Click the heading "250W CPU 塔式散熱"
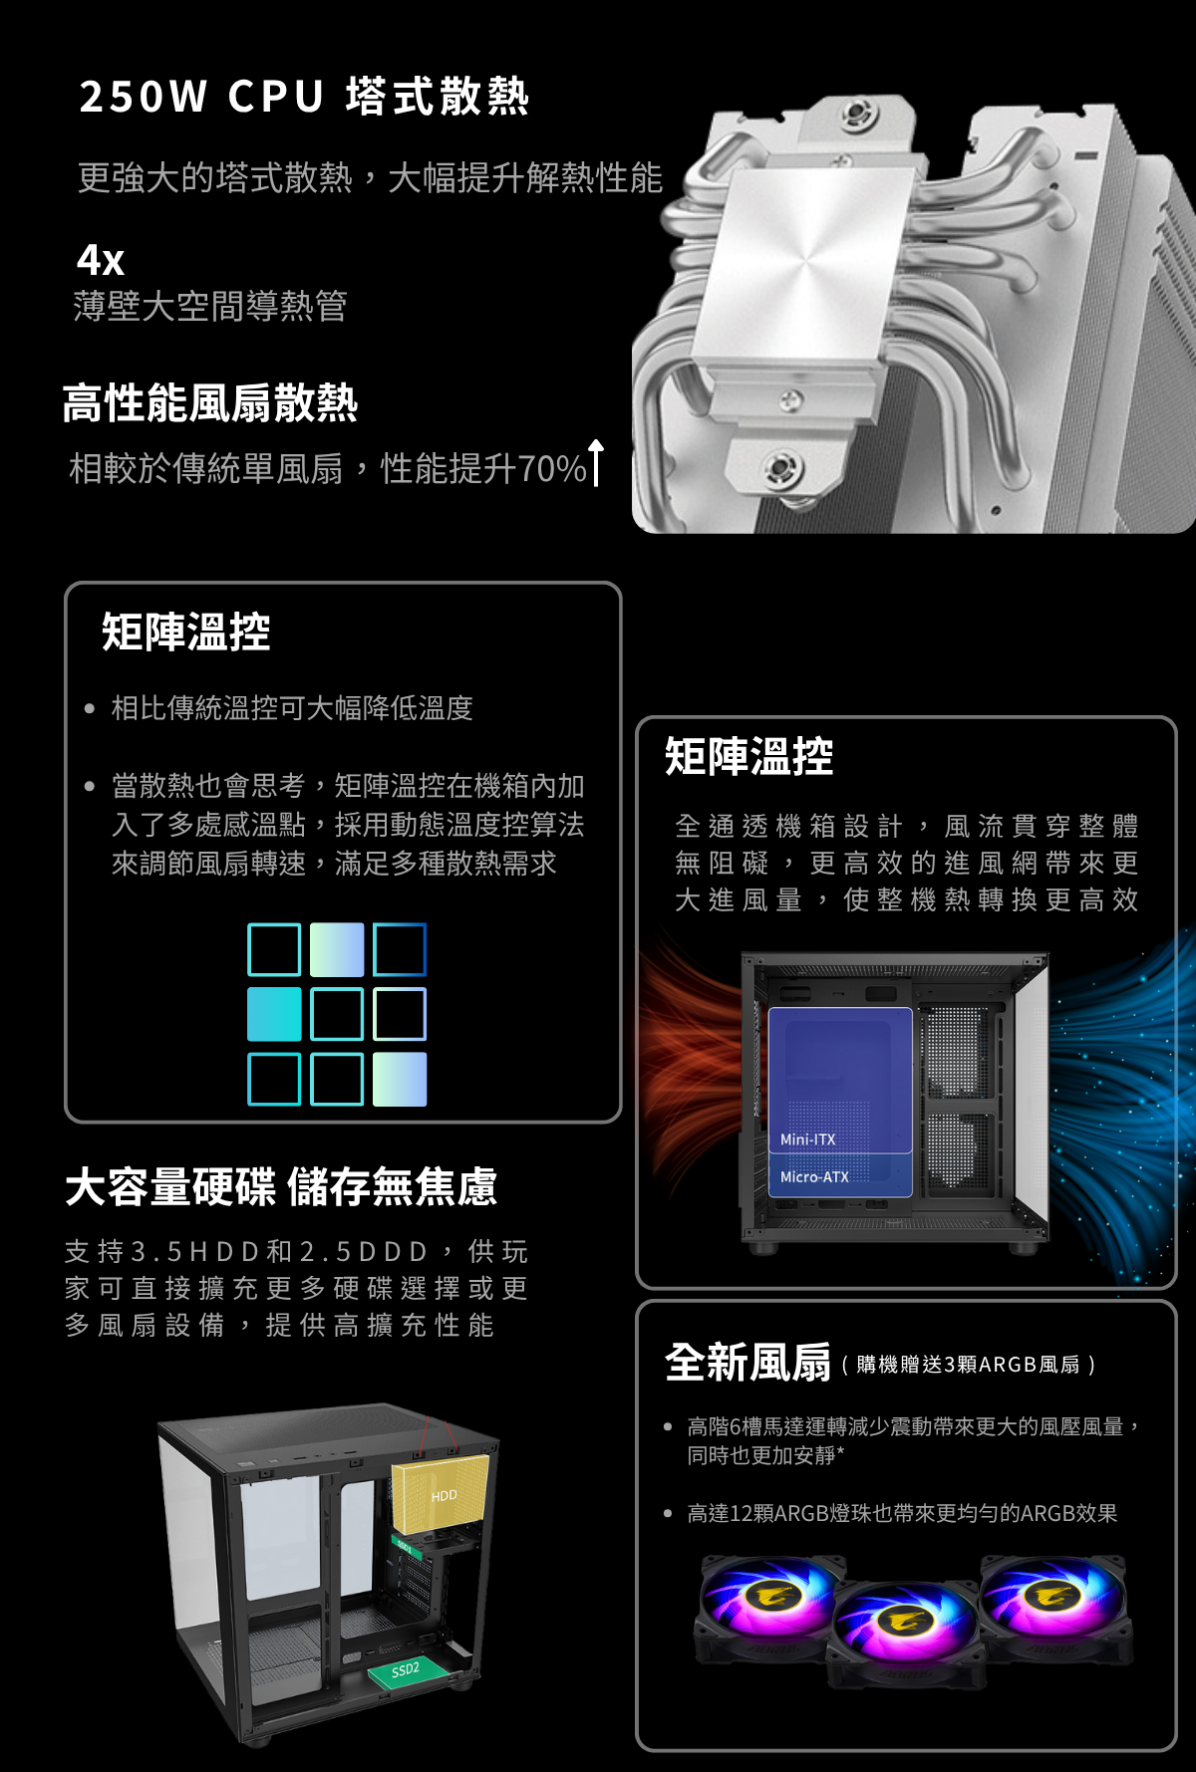(304, 97)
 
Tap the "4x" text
(100, 261)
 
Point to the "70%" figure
(552, 468)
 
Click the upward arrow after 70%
(596, 463)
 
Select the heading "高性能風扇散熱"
(209, 403)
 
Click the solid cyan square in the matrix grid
(274, 1014)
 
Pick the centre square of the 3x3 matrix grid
(337, 1014)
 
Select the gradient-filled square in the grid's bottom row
(400, 1079)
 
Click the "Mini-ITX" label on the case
(807, 1139)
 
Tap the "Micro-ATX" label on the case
(814, 1176)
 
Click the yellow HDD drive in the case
(441, 1493)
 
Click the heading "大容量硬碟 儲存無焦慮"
(280, 1187)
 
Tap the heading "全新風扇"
(747, 1363)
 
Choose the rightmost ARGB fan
(1055, 1606)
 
